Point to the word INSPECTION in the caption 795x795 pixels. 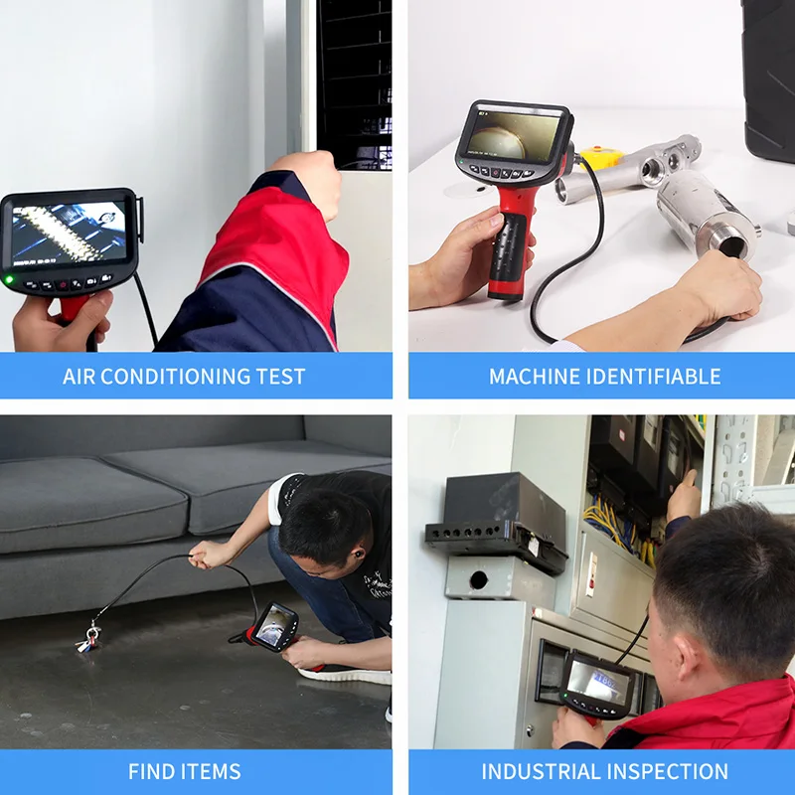click(x=671, y=772)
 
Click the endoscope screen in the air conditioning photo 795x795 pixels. click(x=68, y=234)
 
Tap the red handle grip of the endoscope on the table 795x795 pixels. click(x=509, y=248)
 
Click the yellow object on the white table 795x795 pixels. click(x=599, y=157)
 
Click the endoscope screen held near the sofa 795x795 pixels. click(x=271, y=626)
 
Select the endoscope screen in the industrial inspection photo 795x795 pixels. click(x=597, y=683)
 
